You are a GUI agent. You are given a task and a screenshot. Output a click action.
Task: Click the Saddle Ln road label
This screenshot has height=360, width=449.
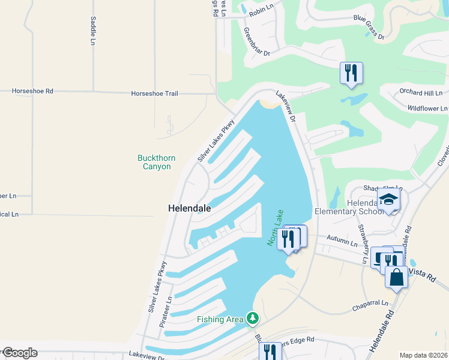pos(93,31)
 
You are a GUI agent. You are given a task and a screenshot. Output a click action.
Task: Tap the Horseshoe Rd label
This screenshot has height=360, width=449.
pos(33,91)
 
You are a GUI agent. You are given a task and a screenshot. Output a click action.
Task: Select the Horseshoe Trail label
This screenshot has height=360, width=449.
pos(155,94)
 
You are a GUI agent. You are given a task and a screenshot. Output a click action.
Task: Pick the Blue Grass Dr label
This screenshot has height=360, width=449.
pos(369,28)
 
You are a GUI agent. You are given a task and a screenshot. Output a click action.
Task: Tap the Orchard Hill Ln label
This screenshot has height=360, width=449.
pos(421,93)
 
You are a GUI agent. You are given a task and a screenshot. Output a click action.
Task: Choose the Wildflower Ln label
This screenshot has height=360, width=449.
pos(427,109)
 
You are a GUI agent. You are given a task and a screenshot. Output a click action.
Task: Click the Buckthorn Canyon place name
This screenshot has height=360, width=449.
pos(157,162)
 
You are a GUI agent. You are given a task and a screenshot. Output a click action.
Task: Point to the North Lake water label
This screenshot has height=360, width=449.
pos(274,227)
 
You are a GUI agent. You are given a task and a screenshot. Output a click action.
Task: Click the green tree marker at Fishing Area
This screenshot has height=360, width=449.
pos(253,317)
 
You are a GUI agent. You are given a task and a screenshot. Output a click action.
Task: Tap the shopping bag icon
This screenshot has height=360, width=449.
pos(397,278)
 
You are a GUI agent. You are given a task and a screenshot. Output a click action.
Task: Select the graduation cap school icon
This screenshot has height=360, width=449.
pos(388,200)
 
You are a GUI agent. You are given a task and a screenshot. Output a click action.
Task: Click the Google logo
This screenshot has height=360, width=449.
pos(20,352)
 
